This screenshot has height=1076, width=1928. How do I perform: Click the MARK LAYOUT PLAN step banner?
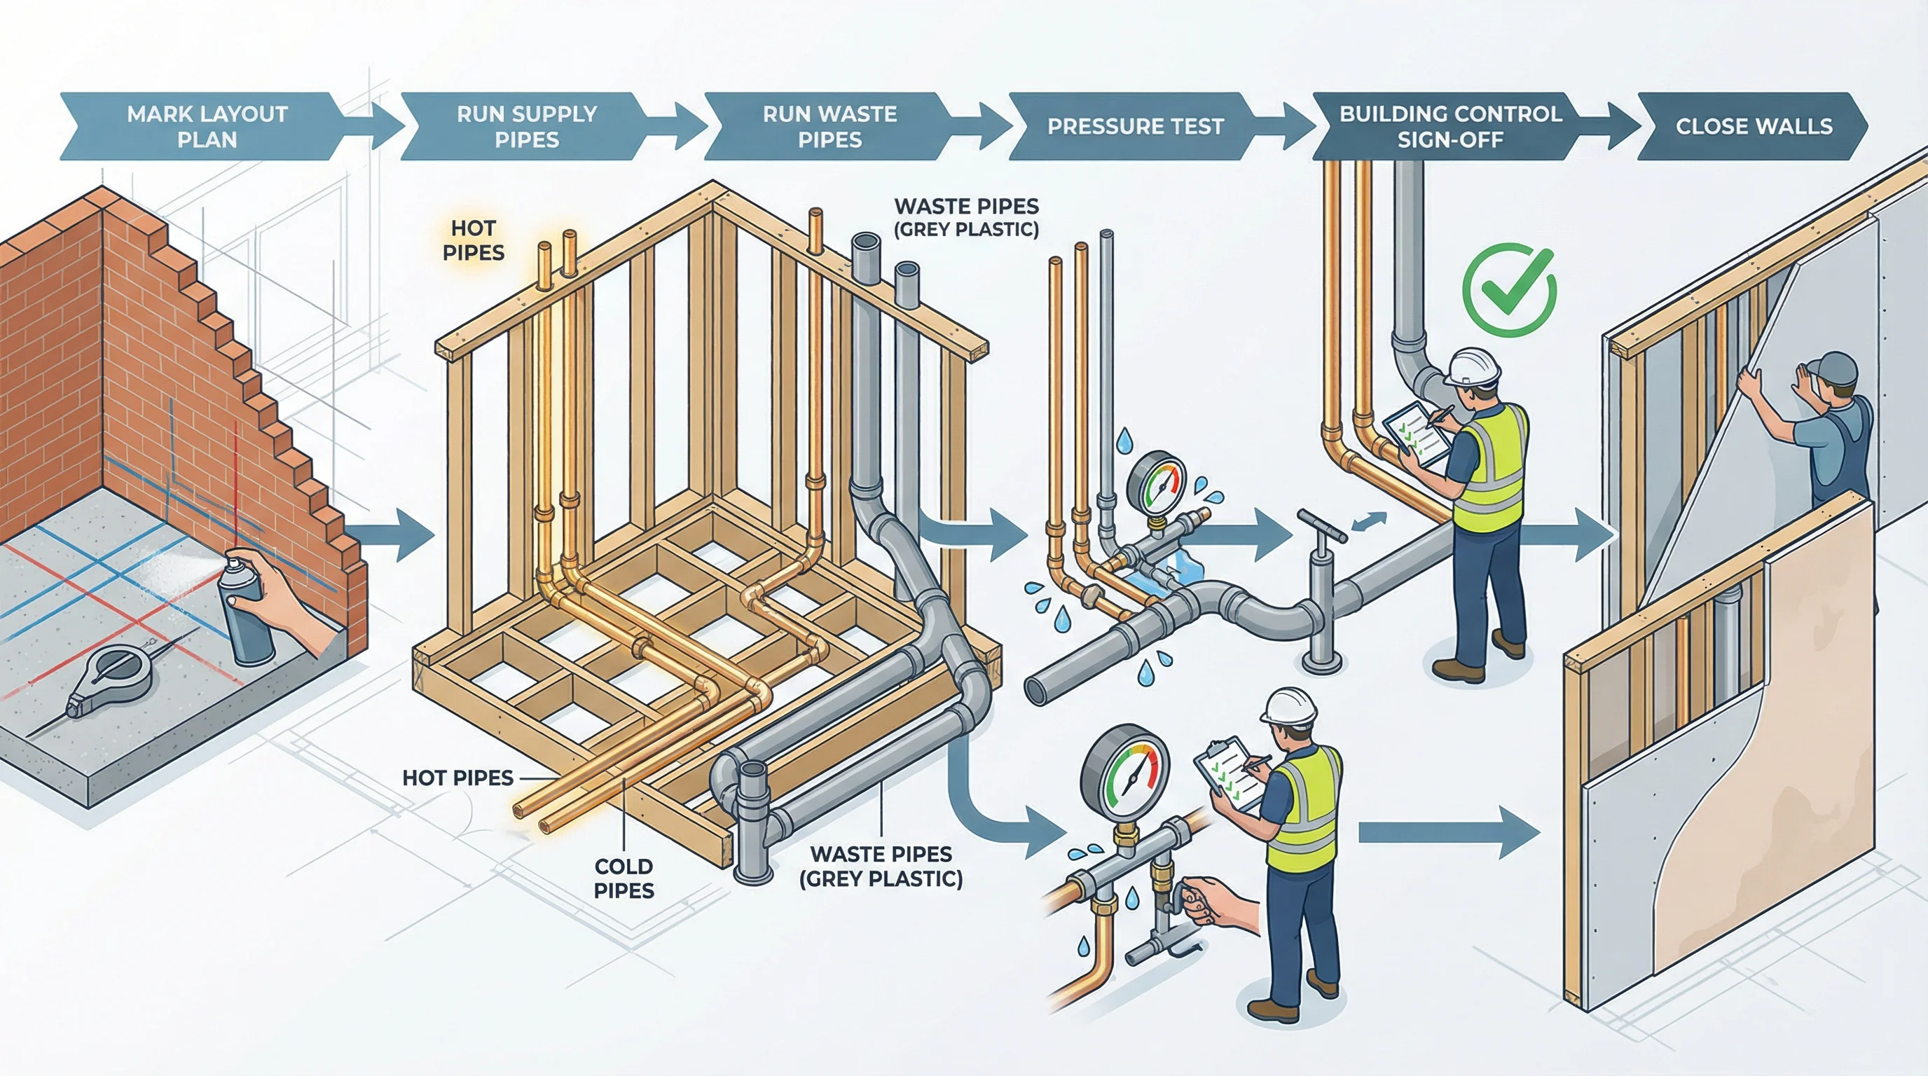(207, 127)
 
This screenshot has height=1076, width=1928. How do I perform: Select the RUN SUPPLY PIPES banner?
(526, 127)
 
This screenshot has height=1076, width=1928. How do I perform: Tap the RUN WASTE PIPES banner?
(829, 127)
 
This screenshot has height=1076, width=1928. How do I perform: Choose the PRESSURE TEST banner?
(1135, 127)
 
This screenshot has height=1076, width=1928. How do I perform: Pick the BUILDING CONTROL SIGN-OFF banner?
(1450, 127)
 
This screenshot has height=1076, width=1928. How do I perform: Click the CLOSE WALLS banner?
(1753, 127)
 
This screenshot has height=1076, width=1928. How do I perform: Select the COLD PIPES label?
(624, 878)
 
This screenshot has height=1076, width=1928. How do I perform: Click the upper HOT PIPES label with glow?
(473, 240)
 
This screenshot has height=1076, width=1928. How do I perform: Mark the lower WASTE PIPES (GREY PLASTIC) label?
(881, 866)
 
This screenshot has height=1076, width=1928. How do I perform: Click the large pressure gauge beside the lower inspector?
(1124, 778)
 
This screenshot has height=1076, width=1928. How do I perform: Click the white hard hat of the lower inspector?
(1289, 707)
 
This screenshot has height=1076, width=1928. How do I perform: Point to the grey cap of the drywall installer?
(1833, 369)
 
